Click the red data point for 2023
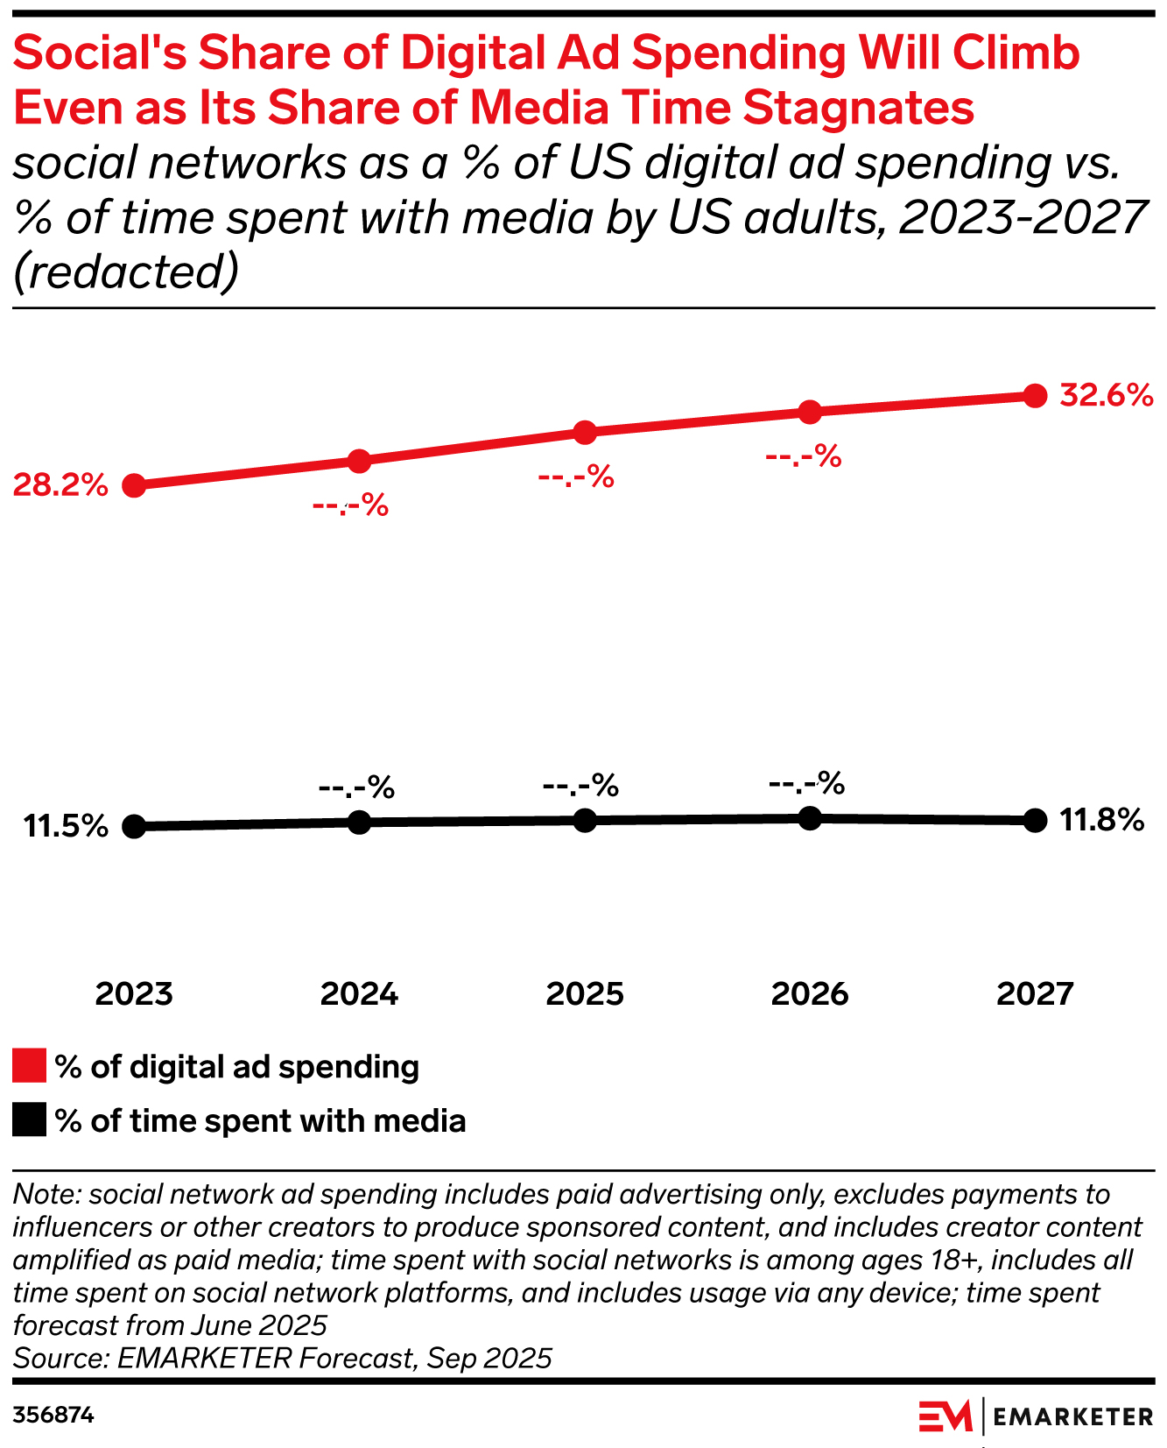(134, 485)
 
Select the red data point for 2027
(1035, 396)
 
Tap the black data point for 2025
(585, 820)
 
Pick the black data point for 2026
(810, 817)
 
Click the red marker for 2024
(359, 461)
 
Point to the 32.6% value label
(1106, 396)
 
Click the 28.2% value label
(60, 484)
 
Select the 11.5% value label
(66, 826)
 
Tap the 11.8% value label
(1101, 821)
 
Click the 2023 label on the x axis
(134, 994)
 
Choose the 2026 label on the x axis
(810, 994)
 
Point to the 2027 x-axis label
(1035, 994)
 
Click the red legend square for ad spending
(29, 1066)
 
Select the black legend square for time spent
(29, 1120)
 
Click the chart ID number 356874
(53, 1416)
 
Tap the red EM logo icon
(945, 1416)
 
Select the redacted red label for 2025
(576, 477)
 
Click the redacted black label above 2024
(356, 788)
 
